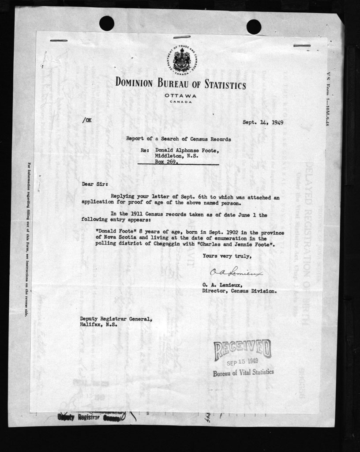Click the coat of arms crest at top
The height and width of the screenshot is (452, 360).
pyautogui.click(x=181, y=60)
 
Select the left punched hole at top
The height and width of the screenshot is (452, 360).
pyautogui.click(x=107, y=23)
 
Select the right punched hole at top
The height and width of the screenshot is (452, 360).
pyautogui.click(x=254, y=26)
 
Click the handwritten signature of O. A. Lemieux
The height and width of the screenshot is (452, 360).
pyautogui.click(x=236, y=273)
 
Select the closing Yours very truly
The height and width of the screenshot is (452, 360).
pyautogui.click(x=227, y=256)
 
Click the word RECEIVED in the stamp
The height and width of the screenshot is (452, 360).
pyautogui.click(x=242, y=350)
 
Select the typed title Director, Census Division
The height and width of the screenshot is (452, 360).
pyautogui.click(x=240, y=291)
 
